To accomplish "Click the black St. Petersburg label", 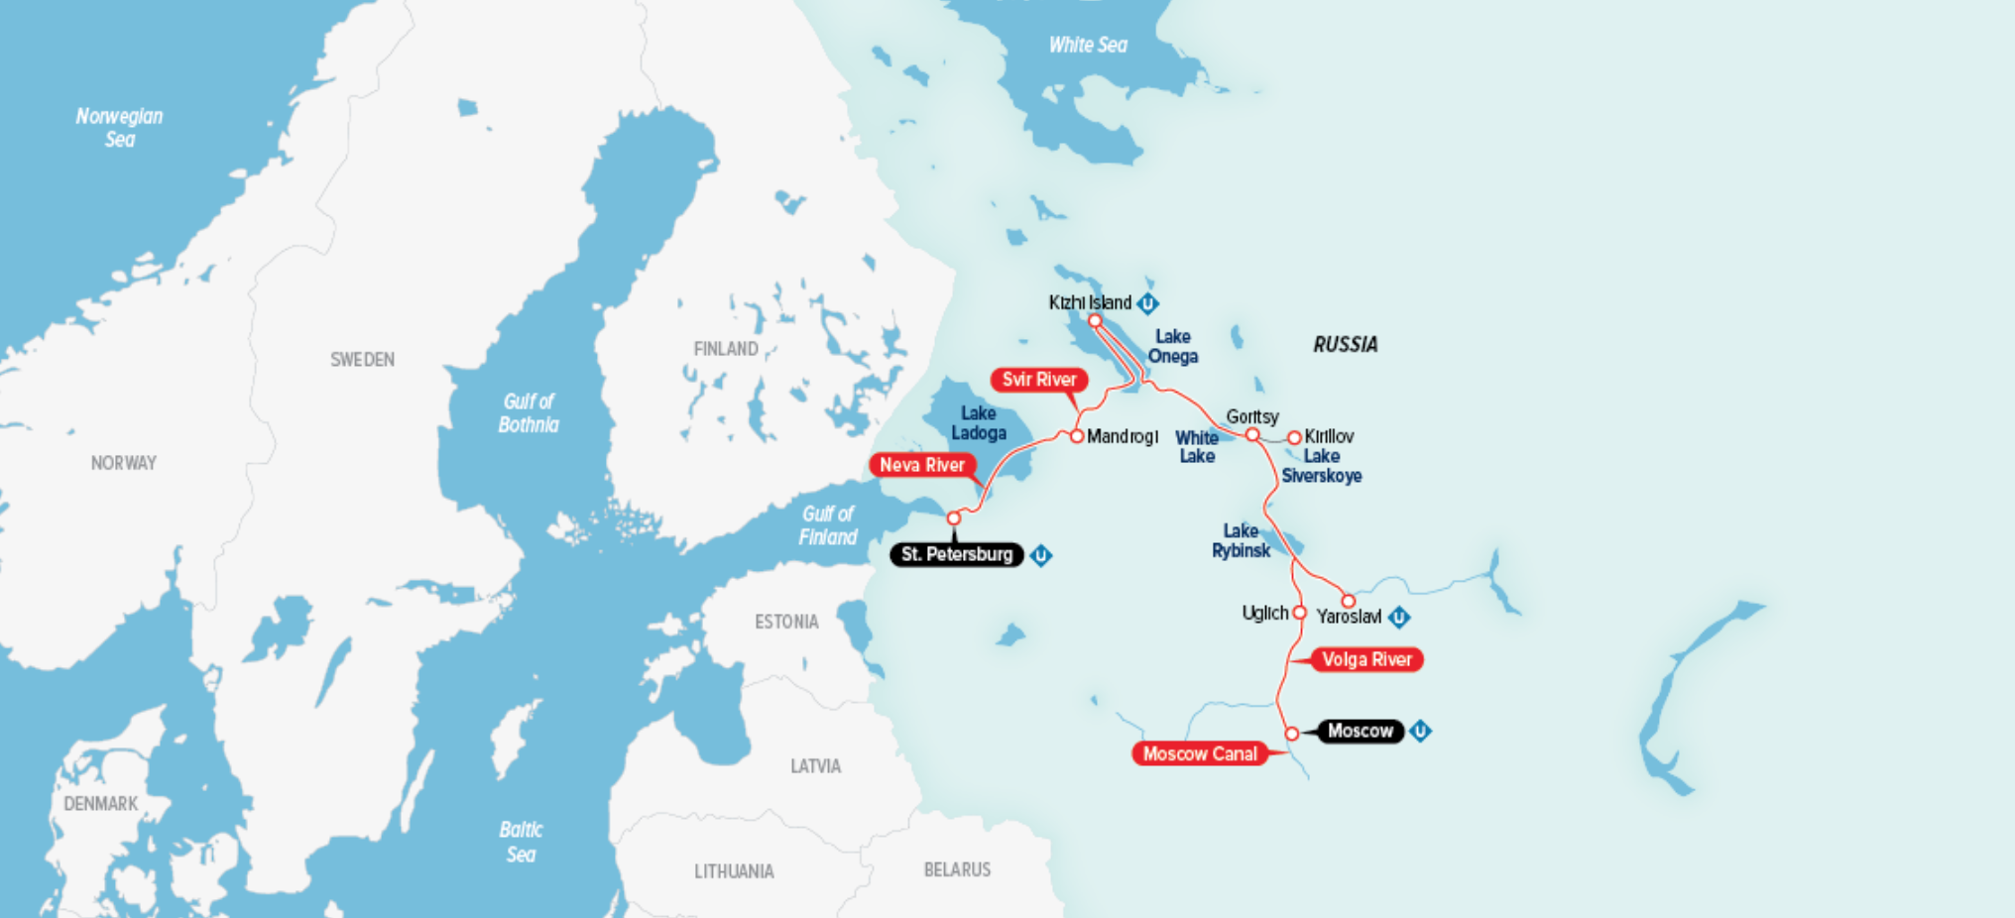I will [x=957, y=554].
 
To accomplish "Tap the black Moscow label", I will [x=1361, y=731].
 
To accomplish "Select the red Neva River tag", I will [x=921, y=465].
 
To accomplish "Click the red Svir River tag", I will [x=1038, y=380].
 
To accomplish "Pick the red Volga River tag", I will [x=1366, y=659].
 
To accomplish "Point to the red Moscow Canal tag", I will [x=1199, y=753].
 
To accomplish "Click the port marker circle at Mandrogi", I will [x=1077, y=436].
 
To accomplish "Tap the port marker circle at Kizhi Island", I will [x=1095, y=320].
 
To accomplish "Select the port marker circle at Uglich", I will [x=1299, y=613].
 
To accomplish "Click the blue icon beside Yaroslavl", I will [x=1399, y=618].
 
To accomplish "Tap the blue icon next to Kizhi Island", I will [x=1147, y=303].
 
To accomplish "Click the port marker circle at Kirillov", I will [x=1294, y=437].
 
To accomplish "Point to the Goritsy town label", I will [x=1251, y=416].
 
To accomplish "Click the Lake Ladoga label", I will [x=979, y=423].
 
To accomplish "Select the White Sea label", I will [x=1088, y=45].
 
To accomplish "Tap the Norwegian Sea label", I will [x=119, y=128].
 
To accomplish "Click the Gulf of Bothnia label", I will [x=529, y=413].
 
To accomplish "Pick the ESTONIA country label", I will [x=786, y=622].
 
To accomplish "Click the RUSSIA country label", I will [x=1345, y=344].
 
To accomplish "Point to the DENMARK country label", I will [x=100, y=803].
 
